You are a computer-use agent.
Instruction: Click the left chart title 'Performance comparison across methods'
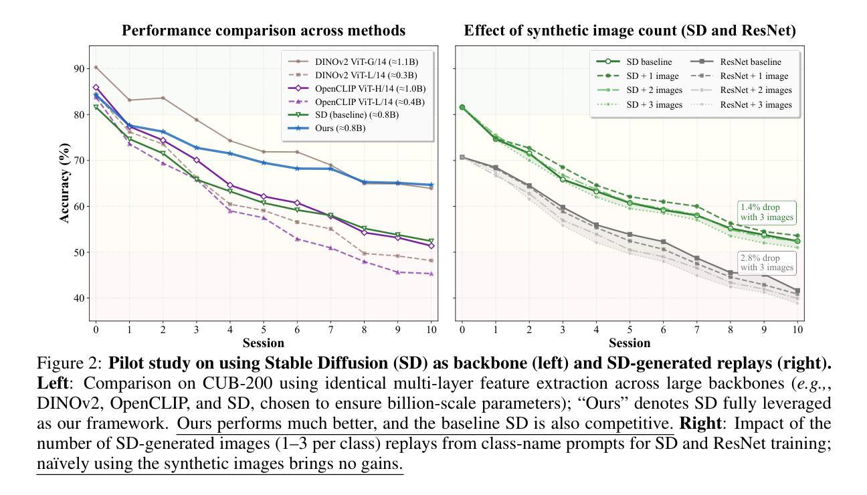tap(263, 31)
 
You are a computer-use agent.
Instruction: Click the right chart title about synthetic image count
tap(630, 31)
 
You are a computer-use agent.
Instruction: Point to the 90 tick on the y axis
tap(80, 69)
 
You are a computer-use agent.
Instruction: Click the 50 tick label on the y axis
tap(80, 253)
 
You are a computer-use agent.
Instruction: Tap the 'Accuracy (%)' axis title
tap(65, 182)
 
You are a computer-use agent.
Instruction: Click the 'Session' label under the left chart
tap(263, 343)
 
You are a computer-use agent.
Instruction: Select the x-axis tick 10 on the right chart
tap(797, 329)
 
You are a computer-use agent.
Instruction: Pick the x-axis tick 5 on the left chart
tap(264, 329)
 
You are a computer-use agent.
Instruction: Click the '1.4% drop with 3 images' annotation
tap(767, 212)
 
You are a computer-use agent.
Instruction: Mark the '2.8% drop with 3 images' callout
tap(767, 263)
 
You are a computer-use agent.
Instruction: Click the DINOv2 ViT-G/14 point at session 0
tap(96, 68)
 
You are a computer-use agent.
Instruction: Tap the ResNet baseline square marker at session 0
tap(462, 157)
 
